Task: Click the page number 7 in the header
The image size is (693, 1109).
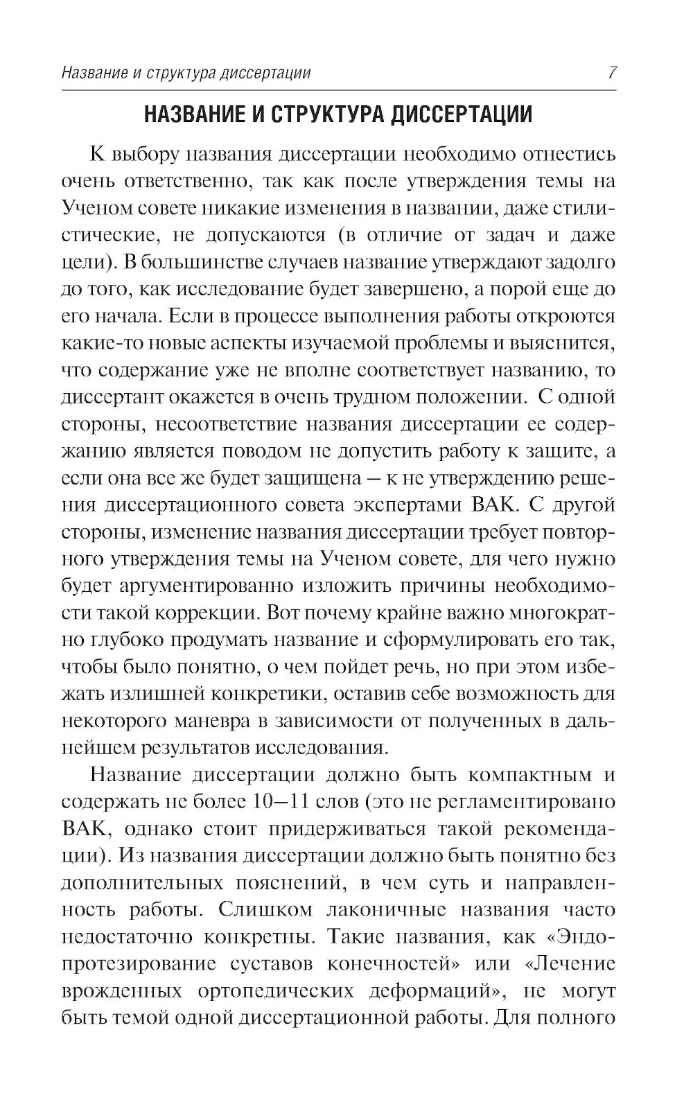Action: point(611,72)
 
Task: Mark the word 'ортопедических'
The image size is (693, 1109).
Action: point(273,990)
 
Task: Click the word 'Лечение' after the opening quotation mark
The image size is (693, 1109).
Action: point(574,963)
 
